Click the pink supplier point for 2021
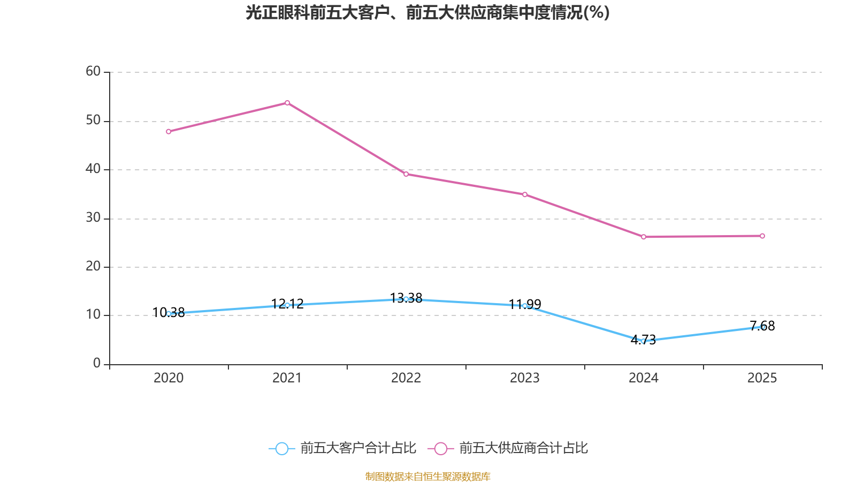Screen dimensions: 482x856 pyautogui.click(x=287, y=103)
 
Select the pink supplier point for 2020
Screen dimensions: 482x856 pyautogui.click(x=169, y=132)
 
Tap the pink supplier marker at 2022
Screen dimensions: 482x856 pyautogui.click(x=406, y=174)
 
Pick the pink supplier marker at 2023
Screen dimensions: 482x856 pyautogui.click(x=525, y=194)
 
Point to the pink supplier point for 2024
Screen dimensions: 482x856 pyautogui.click(x=644, y=237)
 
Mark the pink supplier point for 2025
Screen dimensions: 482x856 pyautogui.click(x=762, y=236)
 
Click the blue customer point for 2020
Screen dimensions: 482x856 pyautogui.click(x=169, y=314)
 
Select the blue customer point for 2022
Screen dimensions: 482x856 pyautogui.click(x=406, y=299)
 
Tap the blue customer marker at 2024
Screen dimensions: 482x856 pyautogui.click(x=644, y=341)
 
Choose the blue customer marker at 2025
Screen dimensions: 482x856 pyautogui.click(x=762, y=327)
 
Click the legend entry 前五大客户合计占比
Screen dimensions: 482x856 pyautogui.click(x=343, y=448)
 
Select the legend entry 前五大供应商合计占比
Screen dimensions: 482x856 pyautogui.click(x=508, y=448)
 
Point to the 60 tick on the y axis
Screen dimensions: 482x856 pyautogui.click(x=93, y=71)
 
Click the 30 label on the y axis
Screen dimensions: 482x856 pyautogui.click(x=93, y=217)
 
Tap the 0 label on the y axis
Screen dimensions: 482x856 pyautogui.click(x=97, y=363)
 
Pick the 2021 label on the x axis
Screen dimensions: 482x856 pyautogui.click(x=287, y=378)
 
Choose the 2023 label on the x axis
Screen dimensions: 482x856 pyautogui.click(x=525, y=378)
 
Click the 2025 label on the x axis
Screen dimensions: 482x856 pyautogui.click(x=762, y=378)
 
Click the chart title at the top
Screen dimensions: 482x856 pyautogui.click(x=427, y=13)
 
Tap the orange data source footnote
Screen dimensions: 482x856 pyautogui.click(x=427, y=476)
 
